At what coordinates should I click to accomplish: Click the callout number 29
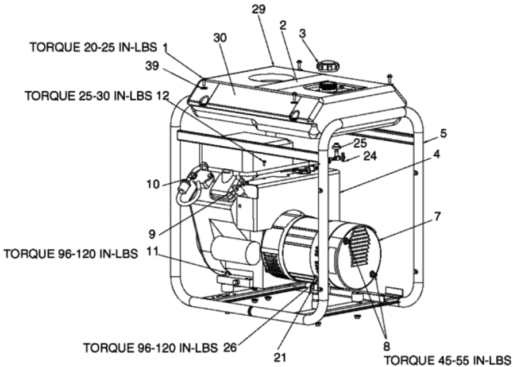click(x=259, y=9)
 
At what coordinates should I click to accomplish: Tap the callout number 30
click(x=220, y=38)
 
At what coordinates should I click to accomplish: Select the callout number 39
click(x=152, y=65)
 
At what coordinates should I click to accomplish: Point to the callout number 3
click(x=303, y=33)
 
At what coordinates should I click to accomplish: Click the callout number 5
click(x=443, y=133)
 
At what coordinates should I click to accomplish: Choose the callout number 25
click(x=360, y=143)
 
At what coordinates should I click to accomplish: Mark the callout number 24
click(x=370, y=156)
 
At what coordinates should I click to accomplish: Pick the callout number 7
click(x=437, y=216)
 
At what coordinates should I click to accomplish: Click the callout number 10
click(x=153, y=184)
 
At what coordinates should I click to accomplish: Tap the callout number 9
click(x=152, y=234)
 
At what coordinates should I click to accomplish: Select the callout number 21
click(x=280, y=357)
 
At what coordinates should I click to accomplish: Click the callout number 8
click(x=387, y=346)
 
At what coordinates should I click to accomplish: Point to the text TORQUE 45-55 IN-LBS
click(x=447, y=361)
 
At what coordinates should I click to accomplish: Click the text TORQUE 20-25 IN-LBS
click(x=94, y=47)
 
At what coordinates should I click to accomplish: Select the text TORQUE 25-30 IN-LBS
click(x=88, y=96)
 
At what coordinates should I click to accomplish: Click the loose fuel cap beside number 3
click(x=327, y=66)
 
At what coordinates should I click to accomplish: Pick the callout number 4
click(x=437, y=154)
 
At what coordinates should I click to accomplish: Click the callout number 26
click(x=230, y=347)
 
